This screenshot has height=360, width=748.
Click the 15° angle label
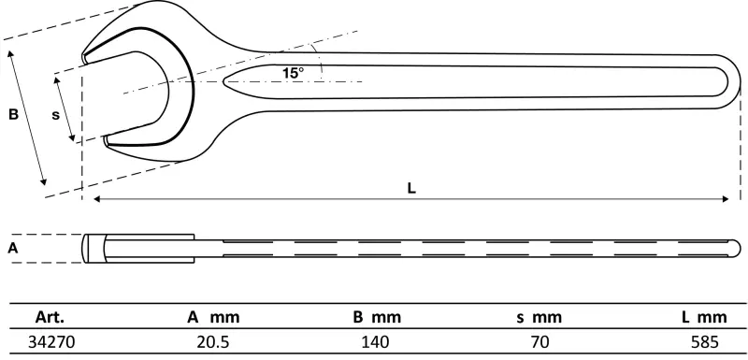tap(293, 73)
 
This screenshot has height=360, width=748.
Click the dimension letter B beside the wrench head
tap(13, 114)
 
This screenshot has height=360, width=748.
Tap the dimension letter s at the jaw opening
tap(56, 115)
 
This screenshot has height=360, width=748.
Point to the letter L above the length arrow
tap(411, 188)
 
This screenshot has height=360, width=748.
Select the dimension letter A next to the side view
tap(13, 248)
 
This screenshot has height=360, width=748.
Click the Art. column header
tap(50, 317)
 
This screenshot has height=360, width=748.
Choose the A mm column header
tap(213, 317)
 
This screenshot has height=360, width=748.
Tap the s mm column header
tap(539, 317)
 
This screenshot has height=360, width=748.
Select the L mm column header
tap(705, 317)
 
